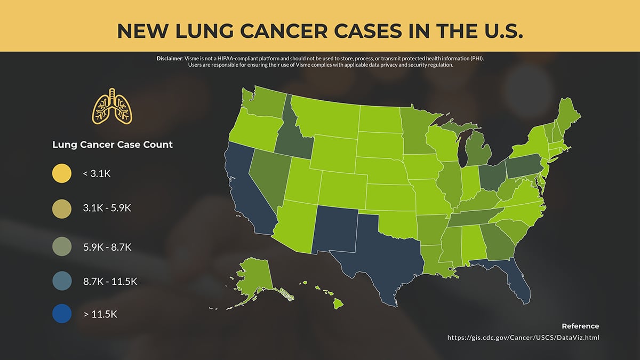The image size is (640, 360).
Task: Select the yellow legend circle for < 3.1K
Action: coord(62,173)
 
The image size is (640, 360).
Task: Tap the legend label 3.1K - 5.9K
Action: coord(107,208)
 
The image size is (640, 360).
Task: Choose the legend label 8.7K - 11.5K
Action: coord(110,281)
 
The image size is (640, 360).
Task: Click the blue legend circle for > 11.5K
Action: coord(62,314)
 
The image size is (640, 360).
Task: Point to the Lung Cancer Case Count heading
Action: coord(113,145)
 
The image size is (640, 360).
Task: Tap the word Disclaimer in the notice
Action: coord(170,58)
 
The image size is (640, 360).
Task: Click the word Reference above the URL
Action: coord(580,326)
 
